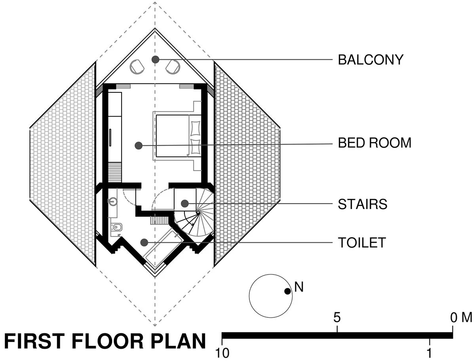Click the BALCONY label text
370,60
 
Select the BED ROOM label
374,143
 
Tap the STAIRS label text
363,204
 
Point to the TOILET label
362,243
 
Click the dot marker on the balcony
156,60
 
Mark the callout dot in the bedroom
139,146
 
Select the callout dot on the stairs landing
184,204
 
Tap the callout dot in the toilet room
144,242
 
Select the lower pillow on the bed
196,147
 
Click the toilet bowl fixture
117,227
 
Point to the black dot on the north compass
287,292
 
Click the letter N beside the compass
299,287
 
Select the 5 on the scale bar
337,317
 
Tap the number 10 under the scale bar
222,353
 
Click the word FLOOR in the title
107,341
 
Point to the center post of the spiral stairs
198,213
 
